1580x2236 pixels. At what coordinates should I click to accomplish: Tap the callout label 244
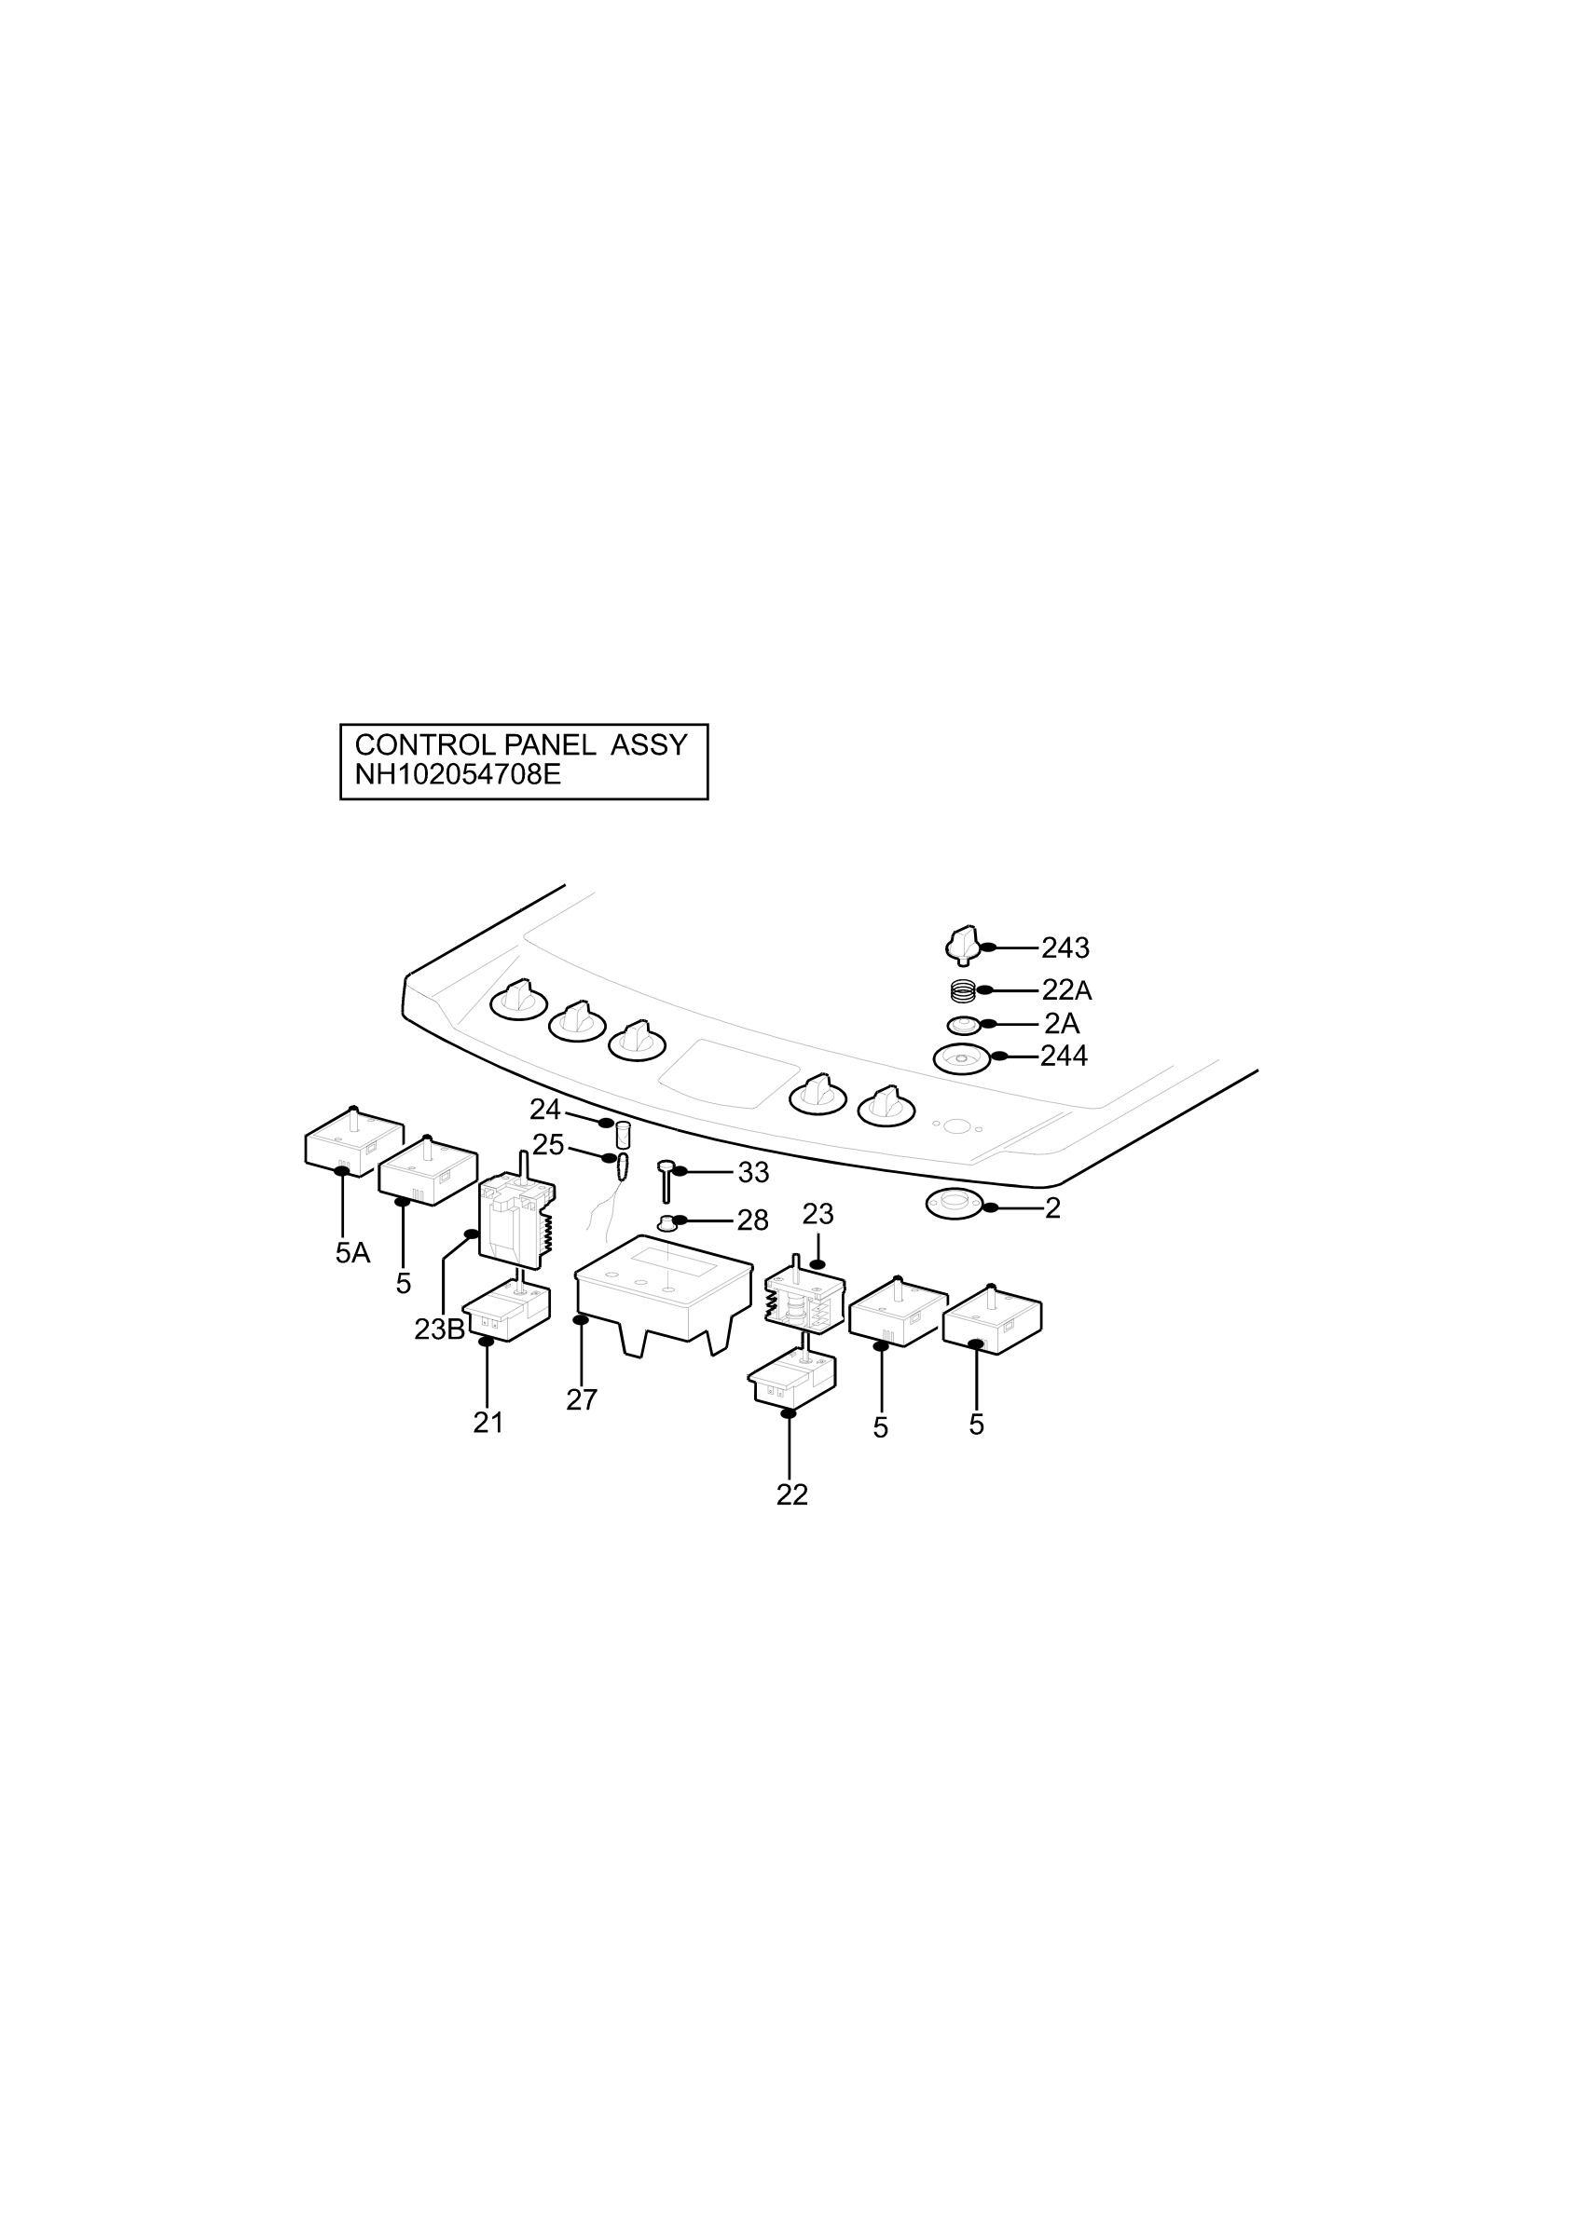coord(1064,1057)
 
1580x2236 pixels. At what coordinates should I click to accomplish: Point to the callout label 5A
coord(352,1253)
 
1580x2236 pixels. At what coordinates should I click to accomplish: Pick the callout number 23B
coord(439,1329)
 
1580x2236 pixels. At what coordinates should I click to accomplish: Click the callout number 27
coord(582,1399)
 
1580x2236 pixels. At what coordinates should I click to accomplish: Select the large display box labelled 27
coord(664,1294)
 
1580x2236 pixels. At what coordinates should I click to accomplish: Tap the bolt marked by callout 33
coord(666,1181)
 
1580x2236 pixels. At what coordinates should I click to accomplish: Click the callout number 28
coord(753,1220)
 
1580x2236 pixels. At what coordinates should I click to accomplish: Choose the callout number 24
coord(544,1110)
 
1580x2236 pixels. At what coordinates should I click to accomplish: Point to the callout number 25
coord(548,1145)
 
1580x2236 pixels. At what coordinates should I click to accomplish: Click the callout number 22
coord(792,1495)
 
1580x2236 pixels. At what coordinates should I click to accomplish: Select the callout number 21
coord(488,1423)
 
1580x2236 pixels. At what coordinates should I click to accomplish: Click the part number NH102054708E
coord(458,775)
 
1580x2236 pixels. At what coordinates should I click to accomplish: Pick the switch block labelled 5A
coord(353,1140)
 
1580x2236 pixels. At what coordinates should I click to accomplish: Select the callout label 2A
coord(1062,1025)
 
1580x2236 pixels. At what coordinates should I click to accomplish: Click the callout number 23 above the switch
coord(818,1214)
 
